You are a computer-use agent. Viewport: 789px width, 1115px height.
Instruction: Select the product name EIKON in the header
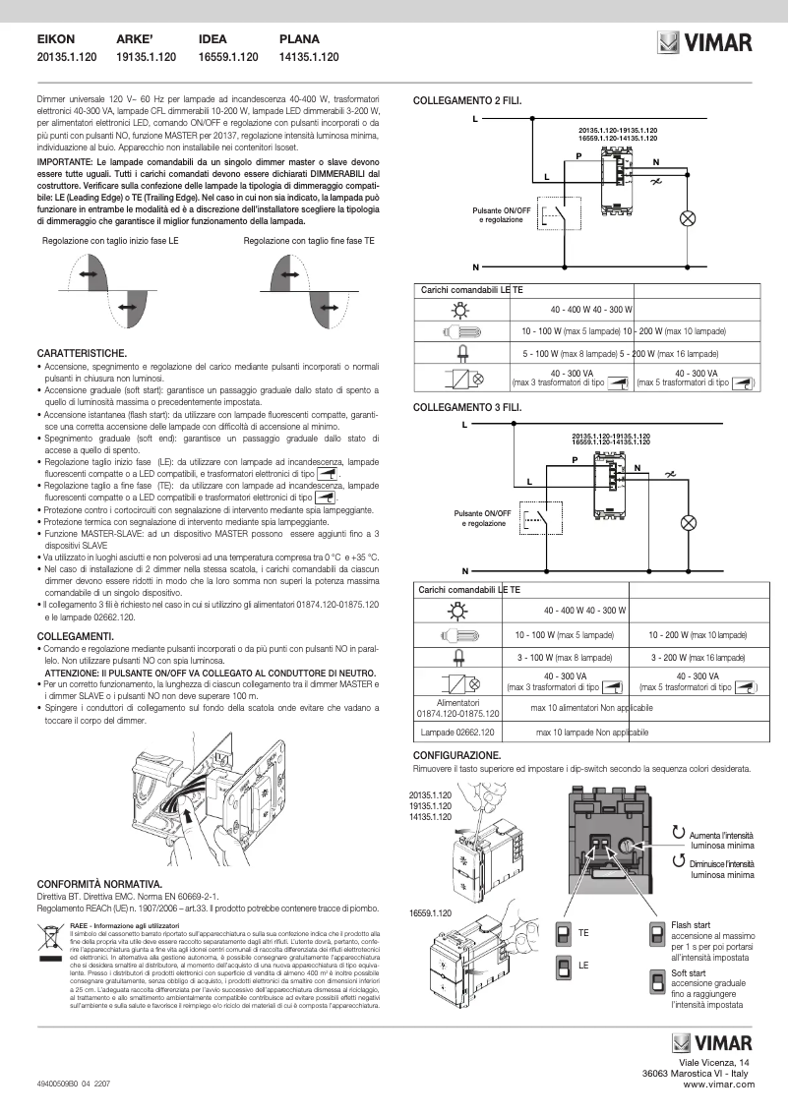[56, 39]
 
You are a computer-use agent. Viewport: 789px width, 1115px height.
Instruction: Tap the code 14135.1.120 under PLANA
[309, 58]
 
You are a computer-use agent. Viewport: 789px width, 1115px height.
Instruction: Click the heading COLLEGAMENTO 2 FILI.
[467, 100]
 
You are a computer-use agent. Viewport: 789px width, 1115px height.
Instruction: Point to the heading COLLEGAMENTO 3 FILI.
[467, 406]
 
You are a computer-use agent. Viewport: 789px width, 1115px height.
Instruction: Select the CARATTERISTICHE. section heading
[81, 351]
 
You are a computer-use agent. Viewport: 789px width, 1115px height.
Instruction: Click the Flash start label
[691, 925]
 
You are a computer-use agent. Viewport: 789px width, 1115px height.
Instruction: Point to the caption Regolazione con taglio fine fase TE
[309, 240]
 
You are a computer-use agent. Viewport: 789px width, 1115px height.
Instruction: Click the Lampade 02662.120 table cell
[459, 734]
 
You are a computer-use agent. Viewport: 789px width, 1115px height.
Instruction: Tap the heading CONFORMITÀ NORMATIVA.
[99, 884]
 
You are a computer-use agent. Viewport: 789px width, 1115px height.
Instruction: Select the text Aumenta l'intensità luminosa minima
[722, 838]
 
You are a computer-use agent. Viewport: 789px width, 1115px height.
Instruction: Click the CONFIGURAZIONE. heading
[463, 754]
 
